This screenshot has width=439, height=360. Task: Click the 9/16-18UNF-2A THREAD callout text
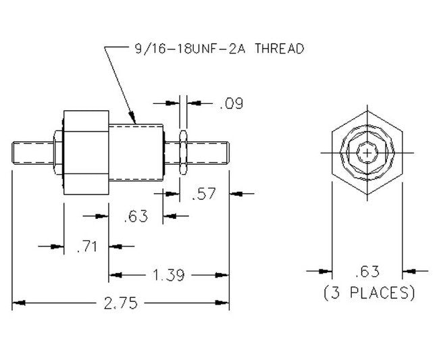[x=215, y=49]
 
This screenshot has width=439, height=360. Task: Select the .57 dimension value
[x=203, y=195]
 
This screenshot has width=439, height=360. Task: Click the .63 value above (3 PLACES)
[x=367, y=272]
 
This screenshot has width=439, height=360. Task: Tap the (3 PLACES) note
[x=368, y=293]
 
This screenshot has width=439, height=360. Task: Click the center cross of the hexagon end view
[x=367, y=153]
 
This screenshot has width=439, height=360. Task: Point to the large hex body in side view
[x=85, y=153]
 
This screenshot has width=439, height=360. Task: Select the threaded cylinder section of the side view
[x=135, y=153]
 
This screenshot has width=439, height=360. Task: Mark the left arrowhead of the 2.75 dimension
[x=18, y=303]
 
